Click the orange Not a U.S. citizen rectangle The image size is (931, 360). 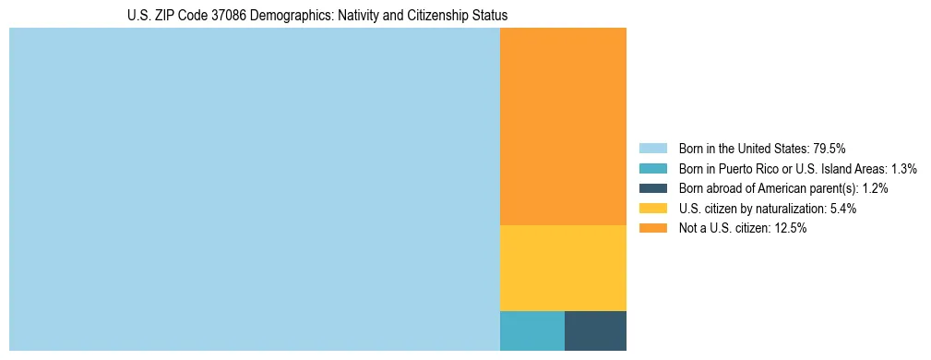click(563, 126)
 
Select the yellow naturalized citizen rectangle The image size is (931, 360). click(563, 268)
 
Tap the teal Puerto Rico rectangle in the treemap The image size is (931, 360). click(531, 330)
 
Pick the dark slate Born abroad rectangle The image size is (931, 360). click(595, 330)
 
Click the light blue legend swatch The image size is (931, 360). click(652, 149)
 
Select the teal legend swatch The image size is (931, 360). click(652, 169)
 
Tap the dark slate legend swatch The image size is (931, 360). click(652, 188)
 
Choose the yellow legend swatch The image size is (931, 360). click(652, 209)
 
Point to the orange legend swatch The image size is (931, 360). click(652, 229)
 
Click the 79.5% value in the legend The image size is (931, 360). click(829, 149)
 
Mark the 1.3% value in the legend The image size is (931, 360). click(903, 169)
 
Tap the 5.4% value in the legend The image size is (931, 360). click(843, 209)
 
